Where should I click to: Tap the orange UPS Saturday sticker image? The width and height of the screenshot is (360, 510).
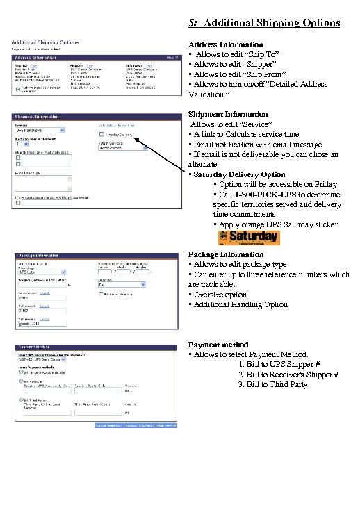coord(249,238)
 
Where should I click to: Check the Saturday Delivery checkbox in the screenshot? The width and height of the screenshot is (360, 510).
coord(101,133)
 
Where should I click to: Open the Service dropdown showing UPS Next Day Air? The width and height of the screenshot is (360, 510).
coord(41,130)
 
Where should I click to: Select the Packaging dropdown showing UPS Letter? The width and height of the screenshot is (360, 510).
coord(41,275)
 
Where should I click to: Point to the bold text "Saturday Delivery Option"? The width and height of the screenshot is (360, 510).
coord(238,174)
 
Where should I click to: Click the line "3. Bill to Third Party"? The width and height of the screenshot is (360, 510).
coord(272,384)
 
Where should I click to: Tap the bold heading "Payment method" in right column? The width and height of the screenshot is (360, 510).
coord(218,345)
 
